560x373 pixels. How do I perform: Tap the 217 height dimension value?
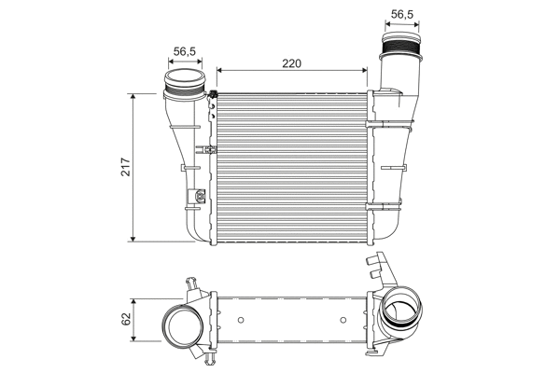pos(122,167)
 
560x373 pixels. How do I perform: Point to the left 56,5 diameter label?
pos(184,52)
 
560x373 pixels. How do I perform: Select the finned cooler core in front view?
pos(293,168)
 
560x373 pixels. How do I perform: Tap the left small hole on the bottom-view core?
pos(241,321)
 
